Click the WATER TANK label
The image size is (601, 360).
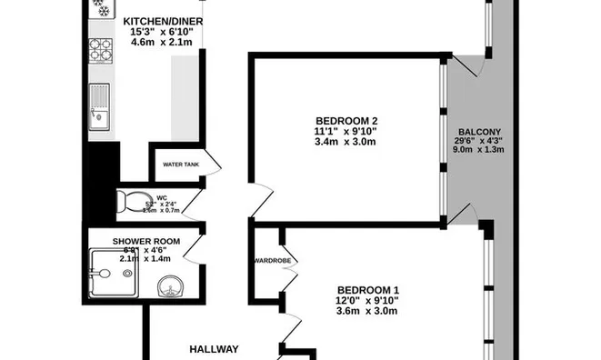[179, 165]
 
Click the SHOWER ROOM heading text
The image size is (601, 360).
[146, 241]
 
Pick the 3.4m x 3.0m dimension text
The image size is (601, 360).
[346, 142]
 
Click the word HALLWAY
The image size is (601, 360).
[214, 348]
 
